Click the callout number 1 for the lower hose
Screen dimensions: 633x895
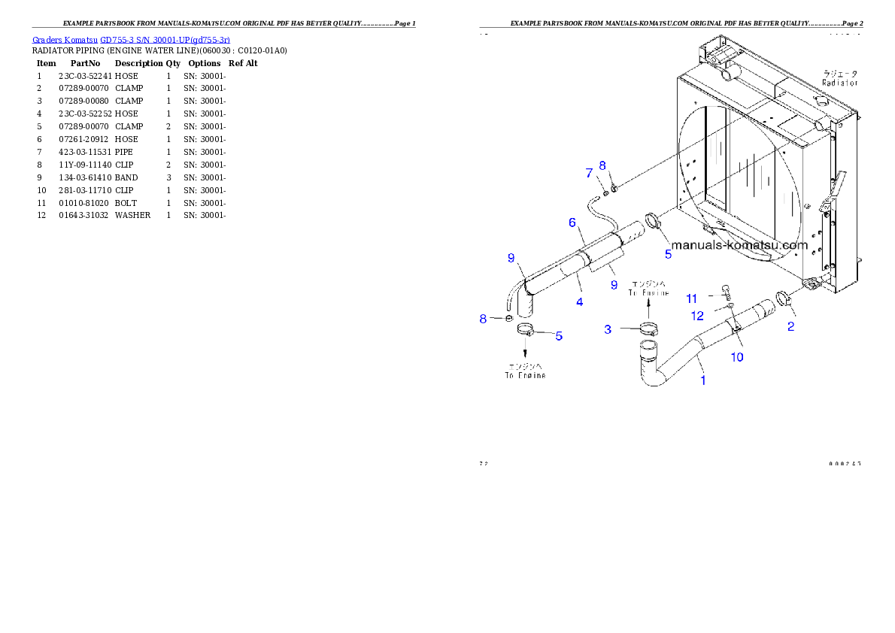[x=703, y=380]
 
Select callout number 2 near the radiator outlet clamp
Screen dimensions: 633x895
[x=790, y=326]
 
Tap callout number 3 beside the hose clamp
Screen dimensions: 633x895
[x=608, y=329]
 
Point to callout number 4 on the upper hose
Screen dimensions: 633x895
[x=579, y=302]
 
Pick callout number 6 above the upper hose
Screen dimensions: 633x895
[x=572, y=223]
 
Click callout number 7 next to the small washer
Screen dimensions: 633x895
[x=589, y=173]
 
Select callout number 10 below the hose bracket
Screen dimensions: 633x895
[x=737, y=357]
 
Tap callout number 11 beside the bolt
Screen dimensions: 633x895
[x=692, y=299]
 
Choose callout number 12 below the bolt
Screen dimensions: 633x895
[x=697, y=316]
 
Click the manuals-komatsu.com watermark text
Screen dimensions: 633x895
[x=739, y=244]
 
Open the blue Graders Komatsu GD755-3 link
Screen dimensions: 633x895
[x=131, y=39]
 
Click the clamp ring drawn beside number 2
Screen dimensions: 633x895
[x=778, y=298]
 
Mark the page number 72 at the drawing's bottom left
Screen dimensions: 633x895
[x=484, y=463]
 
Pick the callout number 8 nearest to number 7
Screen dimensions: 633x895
[x=602, y=165]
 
